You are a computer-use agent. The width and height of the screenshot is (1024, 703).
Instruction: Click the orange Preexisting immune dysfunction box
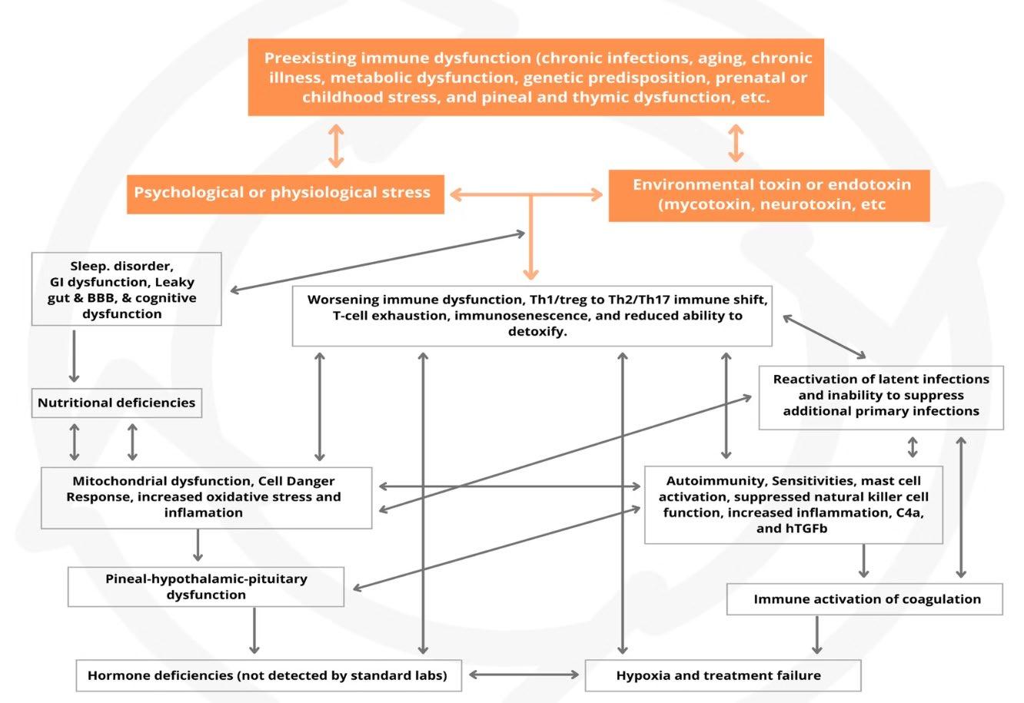click(536, 78)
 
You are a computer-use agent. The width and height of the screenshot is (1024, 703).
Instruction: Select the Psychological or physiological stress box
click(284, 192)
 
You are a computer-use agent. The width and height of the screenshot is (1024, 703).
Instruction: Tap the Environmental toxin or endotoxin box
click(769, 195)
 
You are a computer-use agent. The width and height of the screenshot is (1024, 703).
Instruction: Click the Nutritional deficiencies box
click(117, 403)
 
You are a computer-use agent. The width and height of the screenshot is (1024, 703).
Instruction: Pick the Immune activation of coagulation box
click(864, 599)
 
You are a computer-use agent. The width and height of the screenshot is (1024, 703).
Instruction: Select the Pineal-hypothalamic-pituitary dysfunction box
click(206, 587)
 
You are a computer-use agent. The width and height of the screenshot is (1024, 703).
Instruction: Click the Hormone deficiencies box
click(268, 676)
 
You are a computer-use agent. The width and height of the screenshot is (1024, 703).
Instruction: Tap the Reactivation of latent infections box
click(880, 396)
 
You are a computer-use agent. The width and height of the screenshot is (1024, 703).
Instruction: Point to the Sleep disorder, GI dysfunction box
click(127, 290)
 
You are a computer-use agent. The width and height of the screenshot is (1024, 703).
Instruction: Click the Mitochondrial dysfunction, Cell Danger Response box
click(205, 497)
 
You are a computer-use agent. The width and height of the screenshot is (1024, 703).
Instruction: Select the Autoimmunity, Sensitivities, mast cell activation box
click(793, 504)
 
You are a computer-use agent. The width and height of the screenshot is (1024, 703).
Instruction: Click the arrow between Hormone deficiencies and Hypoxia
click(524, 675)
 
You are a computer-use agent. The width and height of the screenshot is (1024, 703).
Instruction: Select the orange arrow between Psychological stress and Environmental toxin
click(526, 195)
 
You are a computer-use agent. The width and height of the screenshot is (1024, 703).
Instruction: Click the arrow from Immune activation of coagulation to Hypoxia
click(816, 635)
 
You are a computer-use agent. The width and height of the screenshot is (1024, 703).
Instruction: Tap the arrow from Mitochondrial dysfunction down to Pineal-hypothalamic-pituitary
click(198, 546)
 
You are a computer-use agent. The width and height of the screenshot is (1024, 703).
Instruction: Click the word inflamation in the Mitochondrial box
click(203, 512)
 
